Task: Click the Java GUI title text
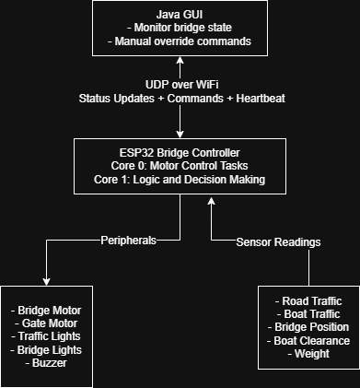180,15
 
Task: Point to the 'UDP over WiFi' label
180,84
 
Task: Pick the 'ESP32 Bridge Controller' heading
180,151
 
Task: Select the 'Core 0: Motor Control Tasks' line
180,165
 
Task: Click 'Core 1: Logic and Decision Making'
180,179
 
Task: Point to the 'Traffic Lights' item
48,335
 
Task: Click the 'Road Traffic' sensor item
309,301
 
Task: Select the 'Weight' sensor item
309,354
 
